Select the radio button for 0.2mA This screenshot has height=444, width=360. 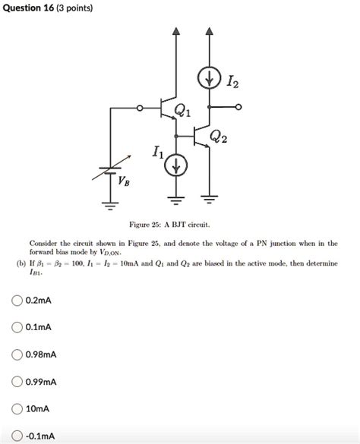tap(17, 301)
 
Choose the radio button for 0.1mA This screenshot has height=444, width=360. tap(17, 327)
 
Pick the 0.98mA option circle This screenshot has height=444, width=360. tap(17, 354)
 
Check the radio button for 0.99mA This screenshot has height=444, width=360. tap(17, 381)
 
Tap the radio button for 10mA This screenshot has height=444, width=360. tap(17, 408)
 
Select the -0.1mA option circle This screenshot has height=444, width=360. tap(17, 436)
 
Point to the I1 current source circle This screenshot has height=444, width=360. tap(176, 165)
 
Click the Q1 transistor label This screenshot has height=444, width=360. tap(183, 111)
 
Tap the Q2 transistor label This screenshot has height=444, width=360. tap(219, 137)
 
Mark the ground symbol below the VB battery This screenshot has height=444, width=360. tap(111, 203)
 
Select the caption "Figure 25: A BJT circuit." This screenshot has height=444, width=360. tap(180, 226)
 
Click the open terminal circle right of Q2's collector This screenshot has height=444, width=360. tap(239, 108)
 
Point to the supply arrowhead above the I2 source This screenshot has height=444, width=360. tap(209, 33)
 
